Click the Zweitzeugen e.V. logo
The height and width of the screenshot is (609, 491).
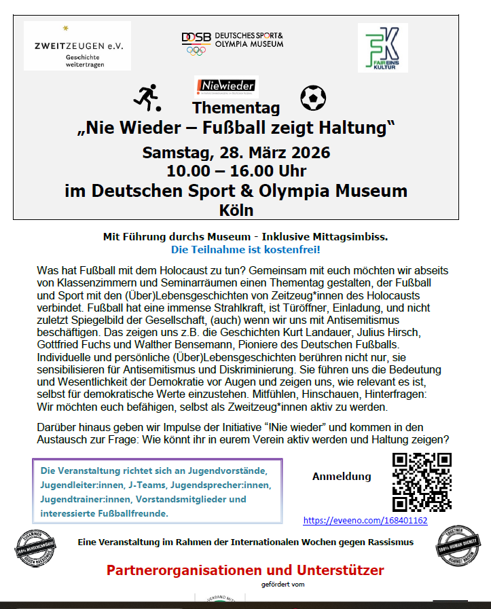tap(77, 46)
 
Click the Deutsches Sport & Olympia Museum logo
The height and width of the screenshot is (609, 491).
tap(232, 42)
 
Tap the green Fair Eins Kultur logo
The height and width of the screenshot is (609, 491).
tap(382, 48)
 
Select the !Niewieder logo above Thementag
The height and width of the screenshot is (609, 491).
tap(225, 85)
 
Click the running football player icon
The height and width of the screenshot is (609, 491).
tap(147, 98)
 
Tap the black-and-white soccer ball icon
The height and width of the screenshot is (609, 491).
tap(313, 98)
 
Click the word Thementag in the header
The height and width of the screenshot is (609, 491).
tap(236, 107)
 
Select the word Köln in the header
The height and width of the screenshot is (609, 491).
tap(236, 210)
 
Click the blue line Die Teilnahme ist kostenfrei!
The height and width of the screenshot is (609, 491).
tap(246, 250)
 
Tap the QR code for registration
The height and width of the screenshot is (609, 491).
tap(422, 482)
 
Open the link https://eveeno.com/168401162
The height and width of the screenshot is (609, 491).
tap(365, 521)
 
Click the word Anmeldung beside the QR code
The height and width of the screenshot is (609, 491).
tap(342, 477)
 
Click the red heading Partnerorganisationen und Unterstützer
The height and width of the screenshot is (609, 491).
tap(245, 570)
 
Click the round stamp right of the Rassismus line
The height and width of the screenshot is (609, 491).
tap(456, 545)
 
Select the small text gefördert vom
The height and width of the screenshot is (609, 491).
tap(280, 584)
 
